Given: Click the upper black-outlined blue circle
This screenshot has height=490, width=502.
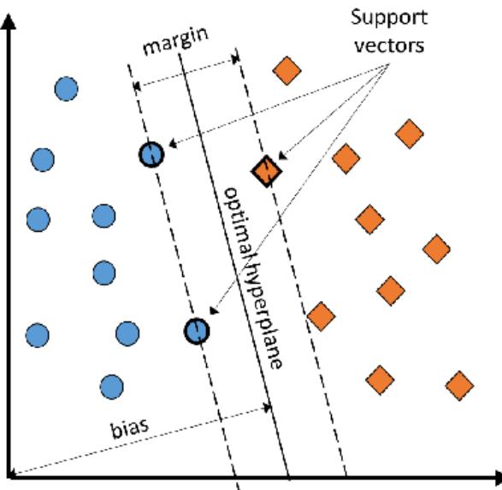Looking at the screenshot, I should point(151,154).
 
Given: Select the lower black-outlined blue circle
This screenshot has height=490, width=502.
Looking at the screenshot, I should point(197,331).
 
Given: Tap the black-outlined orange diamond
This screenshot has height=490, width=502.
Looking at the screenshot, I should point(266,172).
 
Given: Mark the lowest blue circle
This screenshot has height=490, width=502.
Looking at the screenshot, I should point(109,386).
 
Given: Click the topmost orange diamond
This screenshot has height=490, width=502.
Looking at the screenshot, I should point(287,70).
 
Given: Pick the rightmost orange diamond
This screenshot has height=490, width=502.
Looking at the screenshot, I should point(459,385).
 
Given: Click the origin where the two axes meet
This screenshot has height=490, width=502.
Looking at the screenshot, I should point(10,475).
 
